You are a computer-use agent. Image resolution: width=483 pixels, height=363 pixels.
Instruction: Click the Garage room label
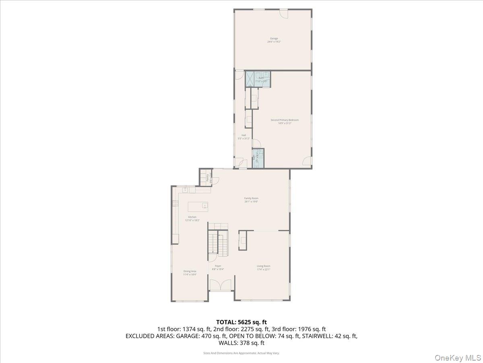click(x=274, y=39)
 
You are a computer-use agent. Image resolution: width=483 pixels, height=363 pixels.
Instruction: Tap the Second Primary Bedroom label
click(x=285, y=120)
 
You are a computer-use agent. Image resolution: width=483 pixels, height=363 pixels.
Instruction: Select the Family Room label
click(x=251, y=198)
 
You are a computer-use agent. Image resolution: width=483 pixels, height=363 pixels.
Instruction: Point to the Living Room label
click(x=264, y=266)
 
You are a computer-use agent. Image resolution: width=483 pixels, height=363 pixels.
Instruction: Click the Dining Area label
click(x=190, y=271)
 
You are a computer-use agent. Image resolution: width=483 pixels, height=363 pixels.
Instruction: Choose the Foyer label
click(x=218, y=266)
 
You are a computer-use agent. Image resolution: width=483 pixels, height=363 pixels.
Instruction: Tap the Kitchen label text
click(x=192, y=217)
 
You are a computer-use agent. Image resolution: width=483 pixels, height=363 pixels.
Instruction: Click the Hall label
click(x=244, y=135)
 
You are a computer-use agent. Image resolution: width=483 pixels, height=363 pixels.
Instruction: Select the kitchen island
click(x=199, y=207)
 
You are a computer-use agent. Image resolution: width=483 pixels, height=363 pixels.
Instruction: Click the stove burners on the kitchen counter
click(x=175, y=204)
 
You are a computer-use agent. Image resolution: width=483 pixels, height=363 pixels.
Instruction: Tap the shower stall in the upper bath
click(x=250, y=78)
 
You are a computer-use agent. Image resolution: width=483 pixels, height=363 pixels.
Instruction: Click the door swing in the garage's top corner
click(x=284, y=14)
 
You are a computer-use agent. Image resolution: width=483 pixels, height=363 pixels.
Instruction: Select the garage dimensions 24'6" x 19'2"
click(x=274, y=42)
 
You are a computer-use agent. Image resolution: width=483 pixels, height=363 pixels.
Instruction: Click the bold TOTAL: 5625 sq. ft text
click(x=242, y=322)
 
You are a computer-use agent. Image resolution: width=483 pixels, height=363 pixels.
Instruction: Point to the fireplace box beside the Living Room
click(x=243, y=240)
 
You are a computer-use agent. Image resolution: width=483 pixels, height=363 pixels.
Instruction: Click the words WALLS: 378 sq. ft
click(x=242, y=343)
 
